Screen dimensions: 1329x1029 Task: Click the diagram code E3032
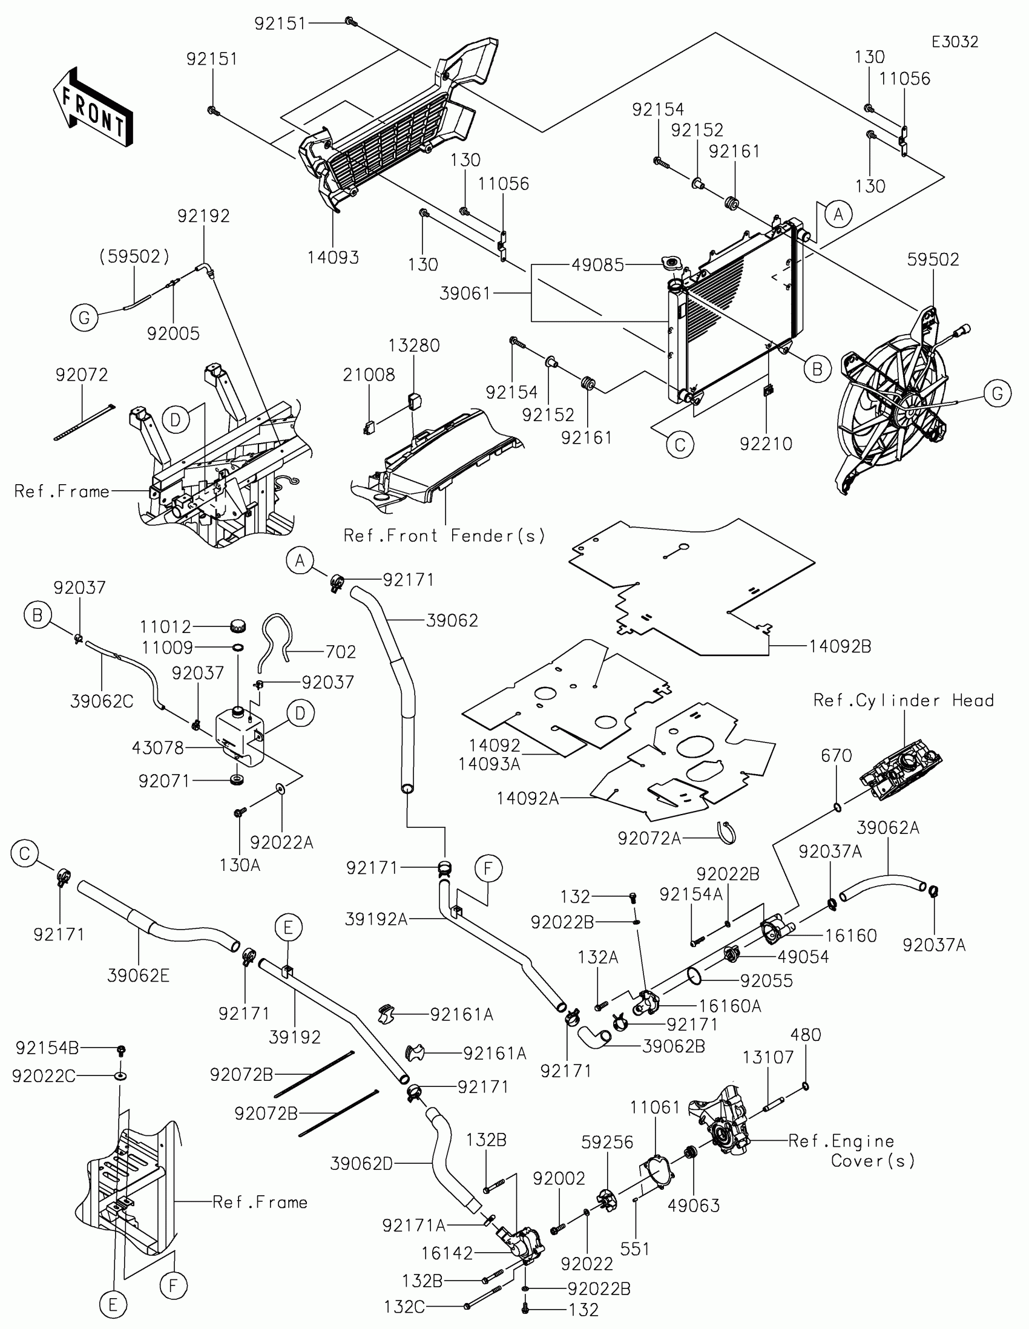(955, 42)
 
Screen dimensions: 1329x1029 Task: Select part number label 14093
(333, 257)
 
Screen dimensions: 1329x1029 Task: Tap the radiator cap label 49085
(597, 264)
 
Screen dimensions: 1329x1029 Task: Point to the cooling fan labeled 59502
(892, 408)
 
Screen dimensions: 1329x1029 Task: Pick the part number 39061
(465, 294)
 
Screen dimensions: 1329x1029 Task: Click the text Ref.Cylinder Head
(904, 701)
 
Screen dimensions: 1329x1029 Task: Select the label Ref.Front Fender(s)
(444, 536)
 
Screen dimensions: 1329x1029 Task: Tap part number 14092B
(840, 647)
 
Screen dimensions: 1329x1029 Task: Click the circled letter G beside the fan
(998, 394)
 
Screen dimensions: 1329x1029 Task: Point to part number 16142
(447, 1253)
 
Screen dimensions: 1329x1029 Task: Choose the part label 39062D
(361, 1164)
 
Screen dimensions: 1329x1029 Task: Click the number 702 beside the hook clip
(340, 652)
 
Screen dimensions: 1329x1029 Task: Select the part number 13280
(414, 346)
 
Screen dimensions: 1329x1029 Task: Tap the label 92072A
(649, 839)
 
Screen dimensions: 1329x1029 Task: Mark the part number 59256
(607, 1142)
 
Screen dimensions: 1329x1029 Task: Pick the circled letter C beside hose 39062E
(24, 853)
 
